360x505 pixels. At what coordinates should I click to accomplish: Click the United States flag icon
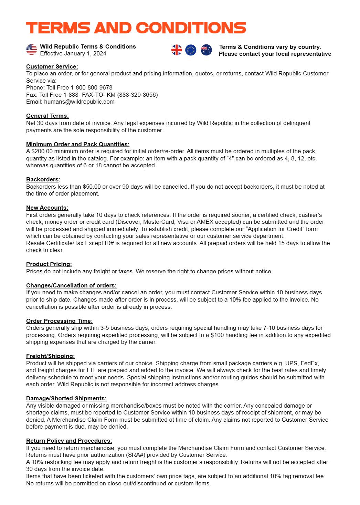(31, 50)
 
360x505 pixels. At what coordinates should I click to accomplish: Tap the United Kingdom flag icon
(177, 50)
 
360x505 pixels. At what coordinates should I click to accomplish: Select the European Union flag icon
(191, 50)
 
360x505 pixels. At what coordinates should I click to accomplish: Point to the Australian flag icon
(206, 50)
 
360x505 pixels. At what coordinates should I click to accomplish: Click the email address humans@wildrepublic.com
(79, 102)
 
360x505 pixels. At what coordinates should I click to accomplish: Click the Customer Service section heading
(52, 66)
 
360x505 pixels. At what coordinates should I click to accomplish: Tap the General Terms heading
(47, 116)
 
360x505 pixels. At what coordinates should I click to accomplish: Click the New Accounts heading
(47, 208)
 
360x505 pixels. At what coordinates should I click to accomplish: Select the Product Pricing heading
(49, 264)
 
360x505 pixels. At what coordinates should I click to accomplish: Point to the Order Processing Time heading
(60, 321)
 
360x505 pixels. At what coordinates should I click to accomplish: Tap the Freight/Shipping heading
(50, 356)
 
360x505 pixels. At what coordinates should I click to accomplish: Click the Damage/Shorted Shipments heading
(66, 398)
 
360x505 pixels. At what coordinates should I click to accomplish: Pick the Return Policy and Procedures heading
(69, 441)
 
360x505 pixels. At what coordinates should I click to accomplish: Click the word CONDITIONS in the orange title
(191, 28)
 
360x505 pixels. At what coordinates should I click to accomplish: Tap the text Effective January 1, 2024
(73, 53)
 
